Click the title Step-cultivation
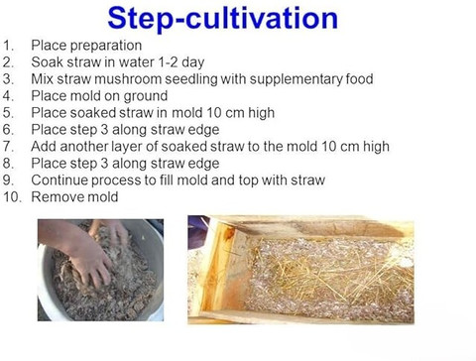pyautogui.click(x=223, y=19)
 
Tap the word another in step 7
pyautogui.click(x=84, y=147)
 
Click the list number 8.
pyautogui.click(x=8, y=164)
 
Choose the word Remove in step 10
pyautogui.click(x=53, y=197)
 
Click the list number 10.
pyautogui.click(x=12, y=197)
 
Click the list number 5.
pyautogui.click(x=8, y=113)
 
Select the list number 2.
pyautogui.click(x=8, y=62)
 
